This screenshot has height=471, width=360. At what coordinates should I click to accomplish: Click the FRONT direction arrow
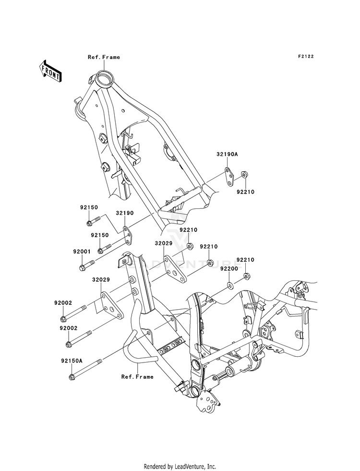pos(50,71)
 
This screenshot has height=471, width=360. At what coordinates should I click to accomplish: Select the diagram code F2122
pos(306,56)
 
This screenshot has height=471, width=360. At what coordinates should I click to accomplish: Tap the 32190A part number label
pos(227,155)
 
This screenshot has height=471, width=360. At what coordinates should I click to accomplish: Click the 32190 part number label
pos(125,213)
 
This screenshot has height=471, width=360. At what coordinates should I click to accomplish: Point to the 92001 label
pos(81,252)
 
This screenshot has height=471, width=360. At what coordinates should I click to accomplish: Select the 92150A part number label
pos(71,361)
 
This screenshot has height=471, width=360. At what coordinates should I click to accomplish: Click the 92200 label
pos(229,268)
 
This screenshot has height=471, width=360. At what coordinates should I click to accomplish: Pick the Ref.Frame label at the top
pos(104,57)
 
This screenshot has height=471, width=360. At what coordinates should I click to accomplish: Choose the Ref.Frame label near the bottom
pos(137,377)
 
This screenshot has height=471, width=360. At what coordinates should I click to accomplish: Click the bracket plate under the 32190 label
pos(127,236)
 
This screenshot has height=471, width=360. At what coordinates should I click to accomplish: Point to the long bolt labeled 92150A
pos(85,369)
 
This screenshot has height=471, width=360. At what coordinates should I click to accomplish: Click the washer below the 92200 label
pos(230,284)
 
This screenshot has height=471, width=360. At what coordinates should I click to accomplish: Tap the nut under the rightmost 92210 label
pos(246,276)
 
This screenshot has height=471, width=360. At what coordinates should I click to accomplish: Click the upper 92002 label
pos(63,303)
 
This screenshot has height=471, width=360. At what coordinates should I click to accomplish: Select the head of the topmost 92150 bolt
pos(89,223)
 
